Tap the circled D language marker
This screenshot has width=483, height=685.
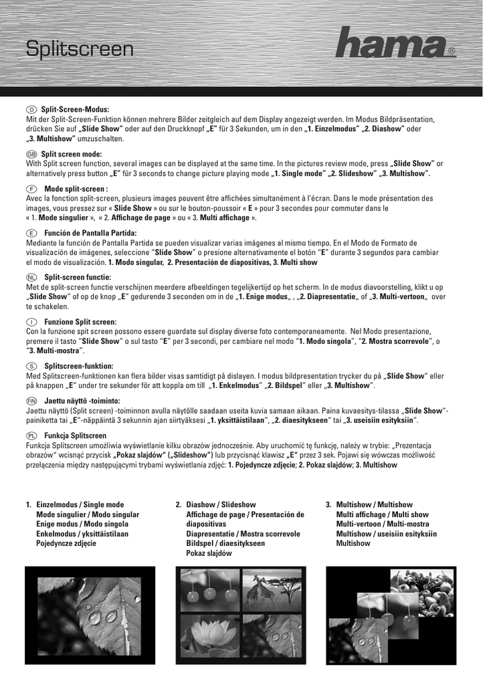[31, 109]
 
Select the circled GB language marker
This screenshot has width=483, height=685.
[31, 154]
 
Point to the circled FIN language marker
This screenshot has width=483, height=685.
[31, 399]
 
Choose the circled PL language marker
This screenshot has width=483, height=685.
[31, 435]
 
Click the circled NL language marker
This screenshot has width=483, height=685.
[31, 277]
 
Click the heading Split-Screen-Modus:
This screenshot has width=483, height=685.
[75, 109]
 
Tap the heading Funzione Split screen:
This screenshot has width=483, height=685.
[80, 322]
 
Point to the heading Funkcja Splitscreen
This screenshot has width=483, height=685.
[75, 435]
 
